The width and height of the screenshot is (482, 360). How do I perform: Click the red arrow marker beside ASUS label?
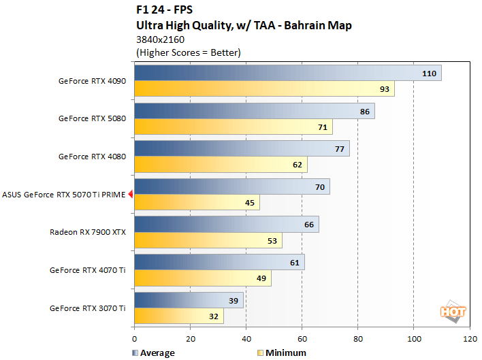tap(131, 195)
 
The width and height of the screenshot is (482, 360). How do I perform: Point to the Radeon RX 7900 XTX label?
tap(88, 232)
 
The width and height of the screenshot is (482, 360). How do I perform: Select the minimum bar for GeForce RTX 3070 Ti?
tap(178, 316)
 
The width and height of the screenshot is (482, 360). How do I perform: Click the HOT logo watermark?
tap(453, 312)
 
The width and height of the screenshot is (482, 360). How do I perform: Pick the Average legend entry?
tap(152, 353)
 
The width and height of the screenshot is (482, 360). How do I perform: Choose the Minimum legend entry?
tap(282, 353)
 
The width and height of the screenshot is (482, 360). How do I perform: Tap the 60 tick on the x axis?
tap(302, 338)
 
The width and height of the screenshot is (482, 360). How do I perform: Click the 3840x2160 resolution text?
tap(161, 39)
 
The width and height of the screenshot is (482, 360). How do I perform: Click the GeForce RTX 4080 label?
tap(92, 157)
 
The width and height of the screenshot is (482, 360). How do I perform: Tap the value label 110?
tap(429, 73)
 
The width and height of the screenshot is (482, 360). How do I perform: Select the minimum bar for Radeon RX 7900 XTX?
tap(208, 240)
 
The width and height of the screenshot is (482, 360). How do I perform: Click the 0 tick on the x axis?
tap(135, 338)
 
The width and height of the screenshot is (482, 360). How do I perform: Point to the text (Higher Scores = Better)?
tap(189, 52)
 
